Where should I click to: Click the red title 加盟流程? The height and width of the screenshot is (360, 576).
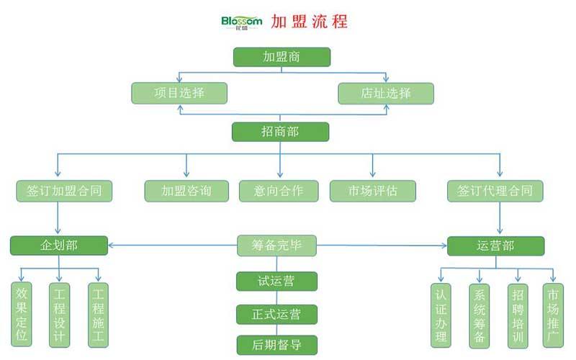click(310, 21)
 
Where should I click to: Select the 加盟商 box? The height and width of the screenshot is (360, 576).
click(282, 57)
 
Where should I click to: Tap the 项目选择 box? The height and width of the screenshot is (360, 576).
click(179, 93)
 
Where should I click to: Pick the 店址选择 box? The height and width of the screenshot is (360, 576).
click(386, 93)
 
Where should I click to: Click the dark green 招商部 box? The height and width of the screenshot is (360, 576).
click(280, 132)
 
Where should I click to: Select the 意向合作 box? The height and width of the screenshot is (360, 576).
click(279, 191)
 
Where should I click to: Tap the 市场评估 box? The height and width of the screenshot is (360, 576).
click(372, 191)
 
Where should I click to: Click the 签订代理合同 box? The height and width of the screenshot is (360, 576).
click(495, 191)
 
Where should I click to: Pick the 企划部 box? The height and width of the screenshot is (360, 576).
click(59, 246)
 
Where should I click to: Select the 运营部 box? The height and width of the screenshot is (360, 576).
click(495, 246)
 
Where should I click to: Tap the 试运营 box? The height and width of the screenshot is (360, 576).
click(276, 281)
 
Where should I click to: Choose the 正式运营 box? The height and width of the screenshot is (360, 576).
click(276, 314)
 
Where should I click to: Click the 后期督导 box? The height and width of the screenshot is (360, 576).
click(276, 345)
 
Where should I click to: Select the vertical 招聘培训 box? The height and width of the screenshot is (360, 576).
click(518, 315)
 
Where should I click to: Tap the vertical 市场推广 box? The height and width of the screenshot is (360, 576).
click(554, 315)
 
